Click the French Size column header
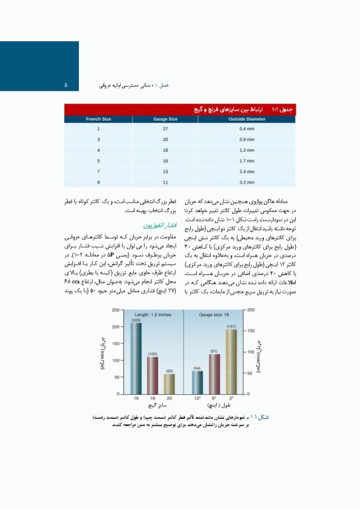pyautogui.click(x=98, y=119)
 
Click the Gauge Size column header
pyautogui.click(x=165, y=119)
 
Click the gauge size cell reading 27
pyautogui.click(x=165, y=129)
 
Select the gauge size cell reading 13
pyautogui.click(x=165, y=170)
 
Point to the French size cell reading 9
pyautogui.click(x=98, y=181)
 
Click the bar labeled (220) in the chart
pyautogui.click(x=136, y=358)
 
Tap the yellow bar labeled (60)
pyautogui.click(x=169, y=384)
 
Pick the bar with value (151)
pyautogui.click(x=231, y=361)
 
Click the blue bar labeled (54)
pyautogui.click(x=198, y=382)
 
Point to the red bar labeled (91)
pyautogui.click(x=214, y=374)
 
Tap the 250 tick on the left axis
pyautogui.click(x=115, y=310)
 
